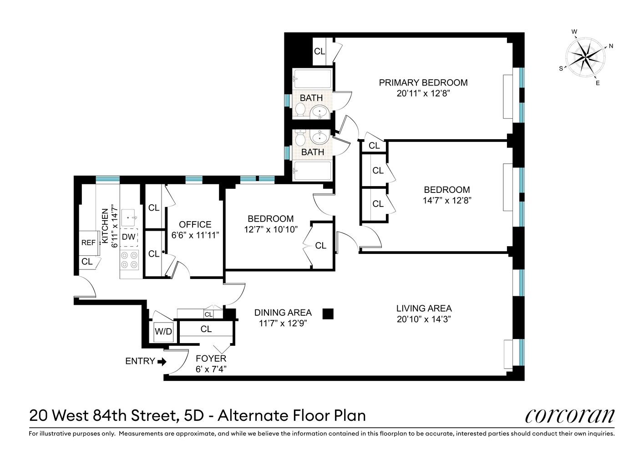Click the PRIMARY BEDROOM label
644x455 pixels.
423,82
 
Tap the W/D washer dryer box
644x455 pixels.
163,332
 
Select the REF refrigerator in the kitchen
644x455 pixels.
88,243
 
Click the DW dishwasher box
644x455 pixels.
129,237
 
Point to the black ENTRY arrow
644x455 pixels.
162,361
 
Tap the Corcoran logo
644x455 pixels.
569,415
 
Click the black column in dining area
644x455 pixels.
328,313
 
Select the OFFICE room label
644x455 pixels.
195,224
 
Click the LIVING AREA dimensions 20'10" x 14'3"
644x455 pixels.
424,319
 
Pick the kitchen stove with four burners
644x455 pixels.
129,260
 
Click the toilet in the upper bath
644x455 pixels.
300,110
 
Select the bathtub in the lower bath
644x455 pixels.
312,171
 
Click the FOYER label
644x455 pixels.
211,359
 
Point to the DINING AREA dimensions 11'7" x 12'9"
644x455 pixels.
283,324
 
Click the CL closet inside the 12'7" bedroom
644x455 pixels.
320,245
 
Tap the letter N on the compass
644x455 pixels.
611,46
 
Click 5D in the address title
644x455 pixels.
194,415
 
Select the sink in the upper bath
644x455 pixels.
320,111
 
